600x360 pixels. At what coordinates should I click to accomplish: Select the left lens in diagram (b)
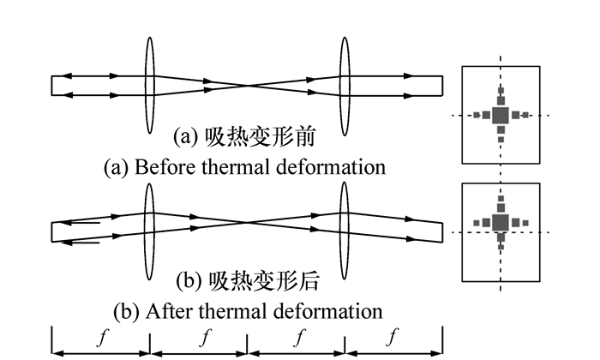pyautogui.click(x=148, y=230)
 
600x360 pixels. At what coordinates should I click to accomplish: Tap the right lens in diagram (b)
pyautogui.click(x=345, y=230)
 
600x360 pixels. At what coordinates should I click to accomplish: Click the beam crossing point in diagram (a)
pyautogui.click(x=247, y=86)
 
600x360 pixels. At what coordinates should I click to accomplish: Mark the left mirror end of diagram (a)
pyautogui.click(x=52, y=86)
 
